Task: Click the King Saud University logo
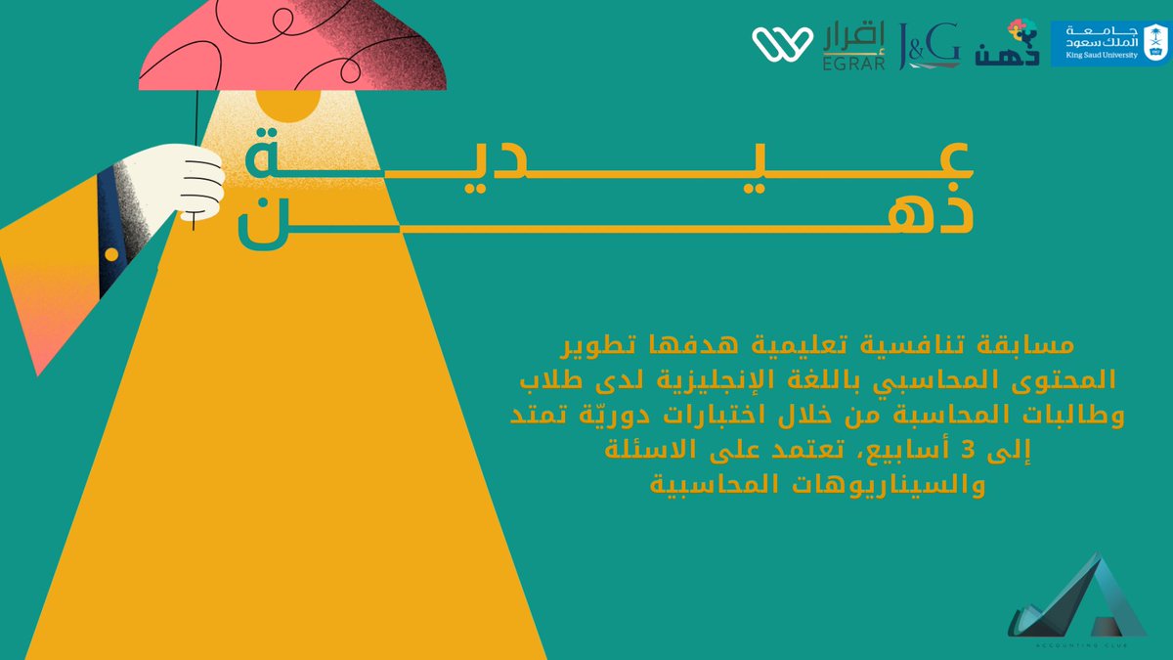pos(1108,43)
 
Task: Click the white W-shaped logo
pos(782,42)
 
